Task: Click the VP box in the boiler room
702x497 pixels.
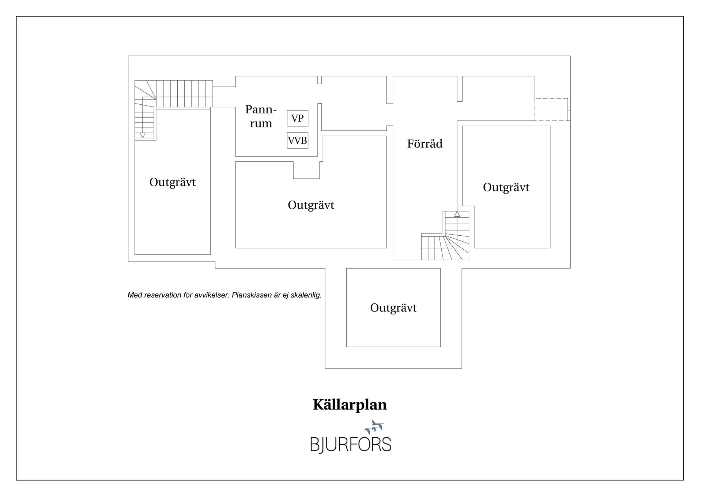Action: click(x=297, y=118)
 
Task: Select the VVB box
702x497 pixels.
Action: click(x=297, y=140)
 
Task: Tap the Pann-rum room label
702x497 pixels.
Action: click(x=261, y=116)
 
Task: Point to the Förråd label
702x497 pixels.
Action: click(x=425, y=143)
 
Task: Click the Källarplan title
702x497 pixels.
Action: click(x=350, y=405)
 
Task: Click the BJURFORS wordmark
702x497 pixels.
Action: click(x=351, y=444)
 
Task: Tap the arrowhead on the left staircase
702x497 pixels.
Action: click(x=143, y=135)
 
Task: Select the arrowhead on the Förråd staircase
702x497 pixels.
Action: click(x=457, y=214)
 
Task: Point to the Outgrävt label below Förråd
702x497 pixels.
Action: click(x=393, y=308)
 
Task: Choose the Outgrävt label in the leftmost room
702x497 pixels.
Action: click(x=173, y=182)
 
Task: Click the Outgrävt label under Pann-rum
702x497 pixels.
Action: click(x=311, y=205)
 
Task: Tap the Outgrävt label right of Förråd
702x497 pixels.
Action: click(x=506, y=187)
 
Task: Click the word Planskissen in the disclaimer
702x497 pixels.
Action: click(x=252, y=295)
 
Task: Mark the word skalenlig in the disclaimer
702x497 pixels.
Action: click(x=306, y=295)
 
